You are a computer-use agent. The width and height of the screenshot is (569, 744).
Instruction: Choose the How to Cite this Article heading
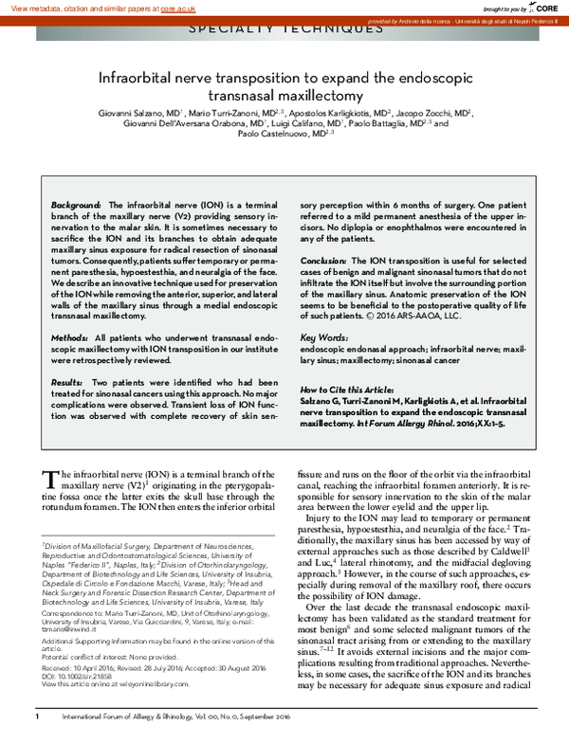[346, 390]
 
